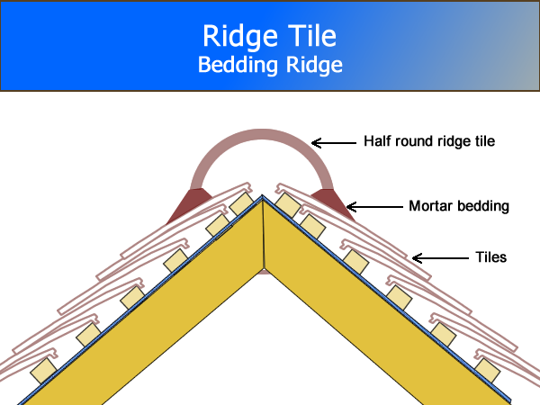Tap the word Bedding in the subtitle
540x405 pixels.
point(233,66)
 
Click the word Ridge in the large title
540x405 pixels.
point(234,37)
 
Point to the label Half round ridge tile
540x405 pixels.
point(429,141)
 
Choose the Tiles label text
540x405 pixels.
point(490,257)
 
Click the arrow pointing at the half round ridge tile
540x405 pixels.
point(332,141)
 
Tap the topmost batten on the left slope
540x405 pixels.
point(241,204)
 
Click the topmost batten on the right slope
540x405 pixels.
point(287,204)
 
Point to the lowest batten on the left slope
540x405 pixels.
point(41,369)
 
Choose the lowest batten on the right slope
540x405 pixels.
point(487,368)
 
